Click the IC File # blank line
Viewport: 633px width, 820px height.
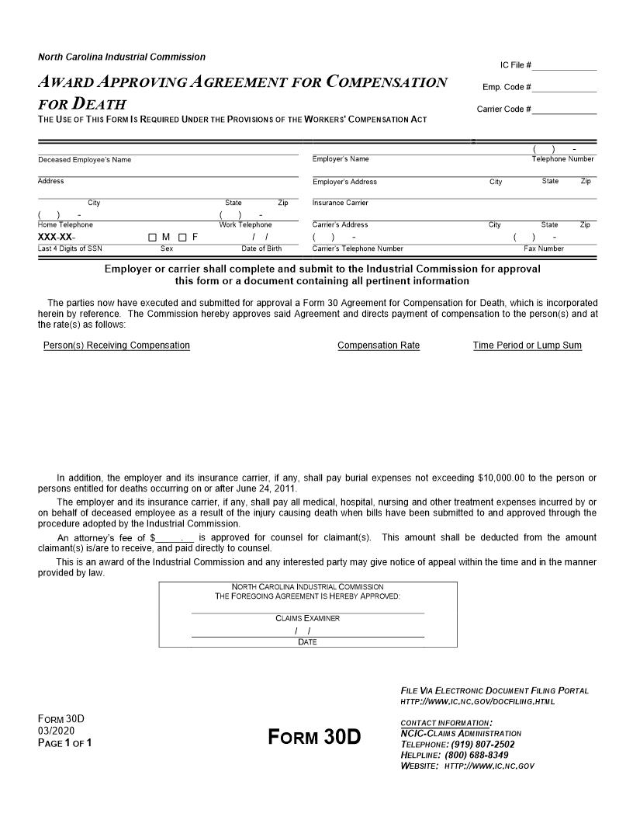pyautogui.click(x=565, y=68)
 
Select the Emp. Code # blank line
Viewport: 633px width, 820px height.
pyautogui.click(x=565, y=90)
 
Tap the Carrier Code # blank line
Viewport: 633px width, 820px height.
pyautogui.click(x=565, y=112)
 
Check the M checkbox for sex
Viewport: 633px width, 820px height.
pyautogui.click(x=153, y=237)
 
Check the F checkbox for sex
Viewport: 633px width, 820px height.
pyautogui.click(x=182, y=237)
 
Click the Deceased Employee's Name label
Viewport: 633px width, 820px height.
pyautogui.click(x=85, y=160)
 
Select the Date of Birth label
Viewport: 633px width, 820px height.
pyautogui.click(x=261, y=248)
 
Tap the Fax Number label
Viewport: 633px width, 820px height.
pyautogui.click(x=544, y=248)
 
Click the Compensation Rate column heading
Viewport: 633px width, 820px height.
pyautogui.click(x=379, y=346)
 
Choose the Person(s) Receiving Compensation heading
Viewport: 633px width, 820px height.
pyautogui.click(x=116, y=346)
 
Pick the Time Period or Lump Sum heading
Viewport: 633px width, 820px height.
pyautogui.click(x=527, y=346)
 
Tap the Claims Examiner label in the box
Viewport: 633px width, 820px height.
pyautogui.click(x=307, y=619)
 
